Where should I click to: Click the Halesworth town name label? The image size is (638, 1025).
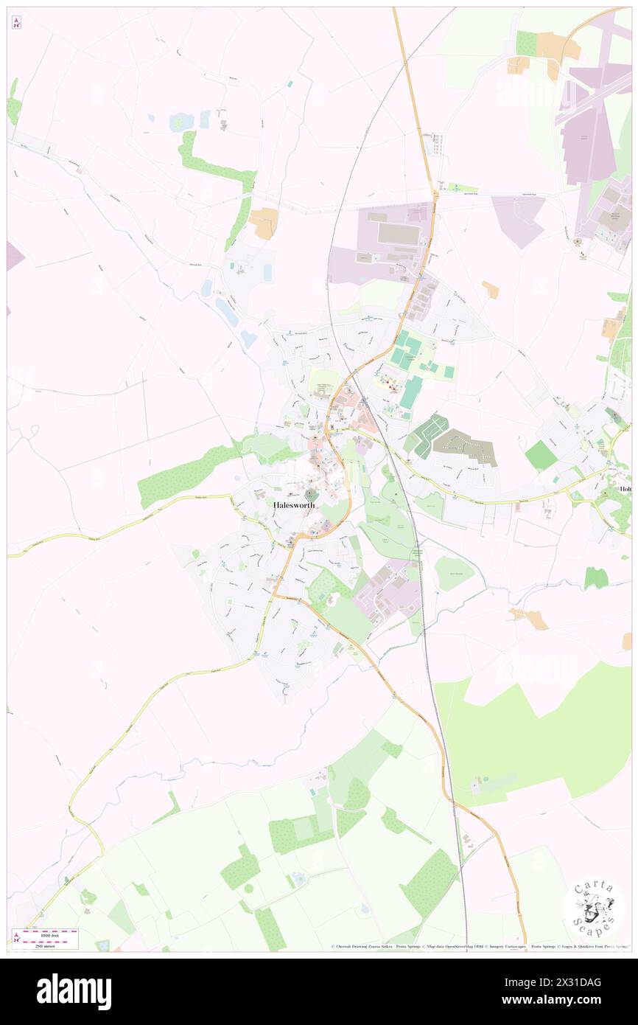(x=294, y=505)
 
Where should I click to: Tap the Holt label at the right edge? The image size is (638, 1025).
(x=626, y=489)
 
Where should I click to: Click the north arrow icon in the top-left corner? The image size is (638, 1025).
(x=16, y=23)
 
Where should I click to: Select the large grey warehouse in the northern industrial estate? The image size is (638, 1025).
(x=398, y=234)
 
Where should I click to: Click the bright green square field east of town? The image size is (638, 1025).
(x=541, y=455)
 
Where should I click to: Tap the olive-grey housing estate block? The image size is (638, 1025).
(x=466, y=448)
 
